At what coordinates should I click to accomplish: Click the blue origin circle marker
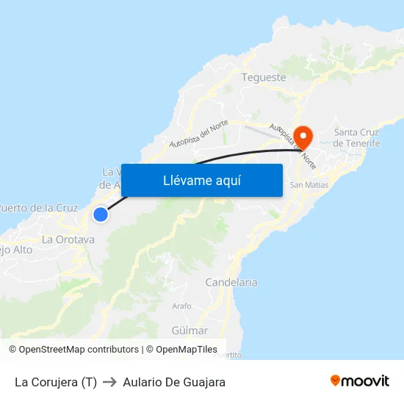[x=101, y=214]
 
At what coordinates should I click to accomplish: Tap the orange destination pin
[x=303, y=136]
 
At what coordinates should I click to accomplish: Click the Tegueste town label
[x=264, y=76]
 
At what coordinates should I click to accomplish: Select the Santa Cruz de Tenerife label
[x=356, y=137]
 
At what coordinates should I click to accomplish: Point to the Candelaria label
[x=231, y=282]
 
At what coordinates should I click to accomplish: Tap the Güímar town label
[x=190, y=331]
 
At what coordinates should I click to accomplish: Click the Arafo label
[x=181, y=306]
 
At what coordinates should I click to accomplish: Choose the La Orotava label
[x=68, y=239]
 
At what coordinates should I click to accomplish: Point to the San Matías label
[x=309, y=185]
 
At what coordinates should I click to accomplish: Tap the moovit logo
[x=360, y=381]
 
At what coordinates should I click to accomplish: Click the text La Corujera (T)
[x=56, y=382]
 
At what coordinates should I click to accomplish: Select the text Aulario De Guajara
[x=174, y=382]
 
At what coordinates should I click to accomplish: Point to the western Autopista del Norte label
[x=199, y=134]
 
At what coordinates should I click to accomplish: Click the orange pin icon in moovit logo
[x=336, y=381]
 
